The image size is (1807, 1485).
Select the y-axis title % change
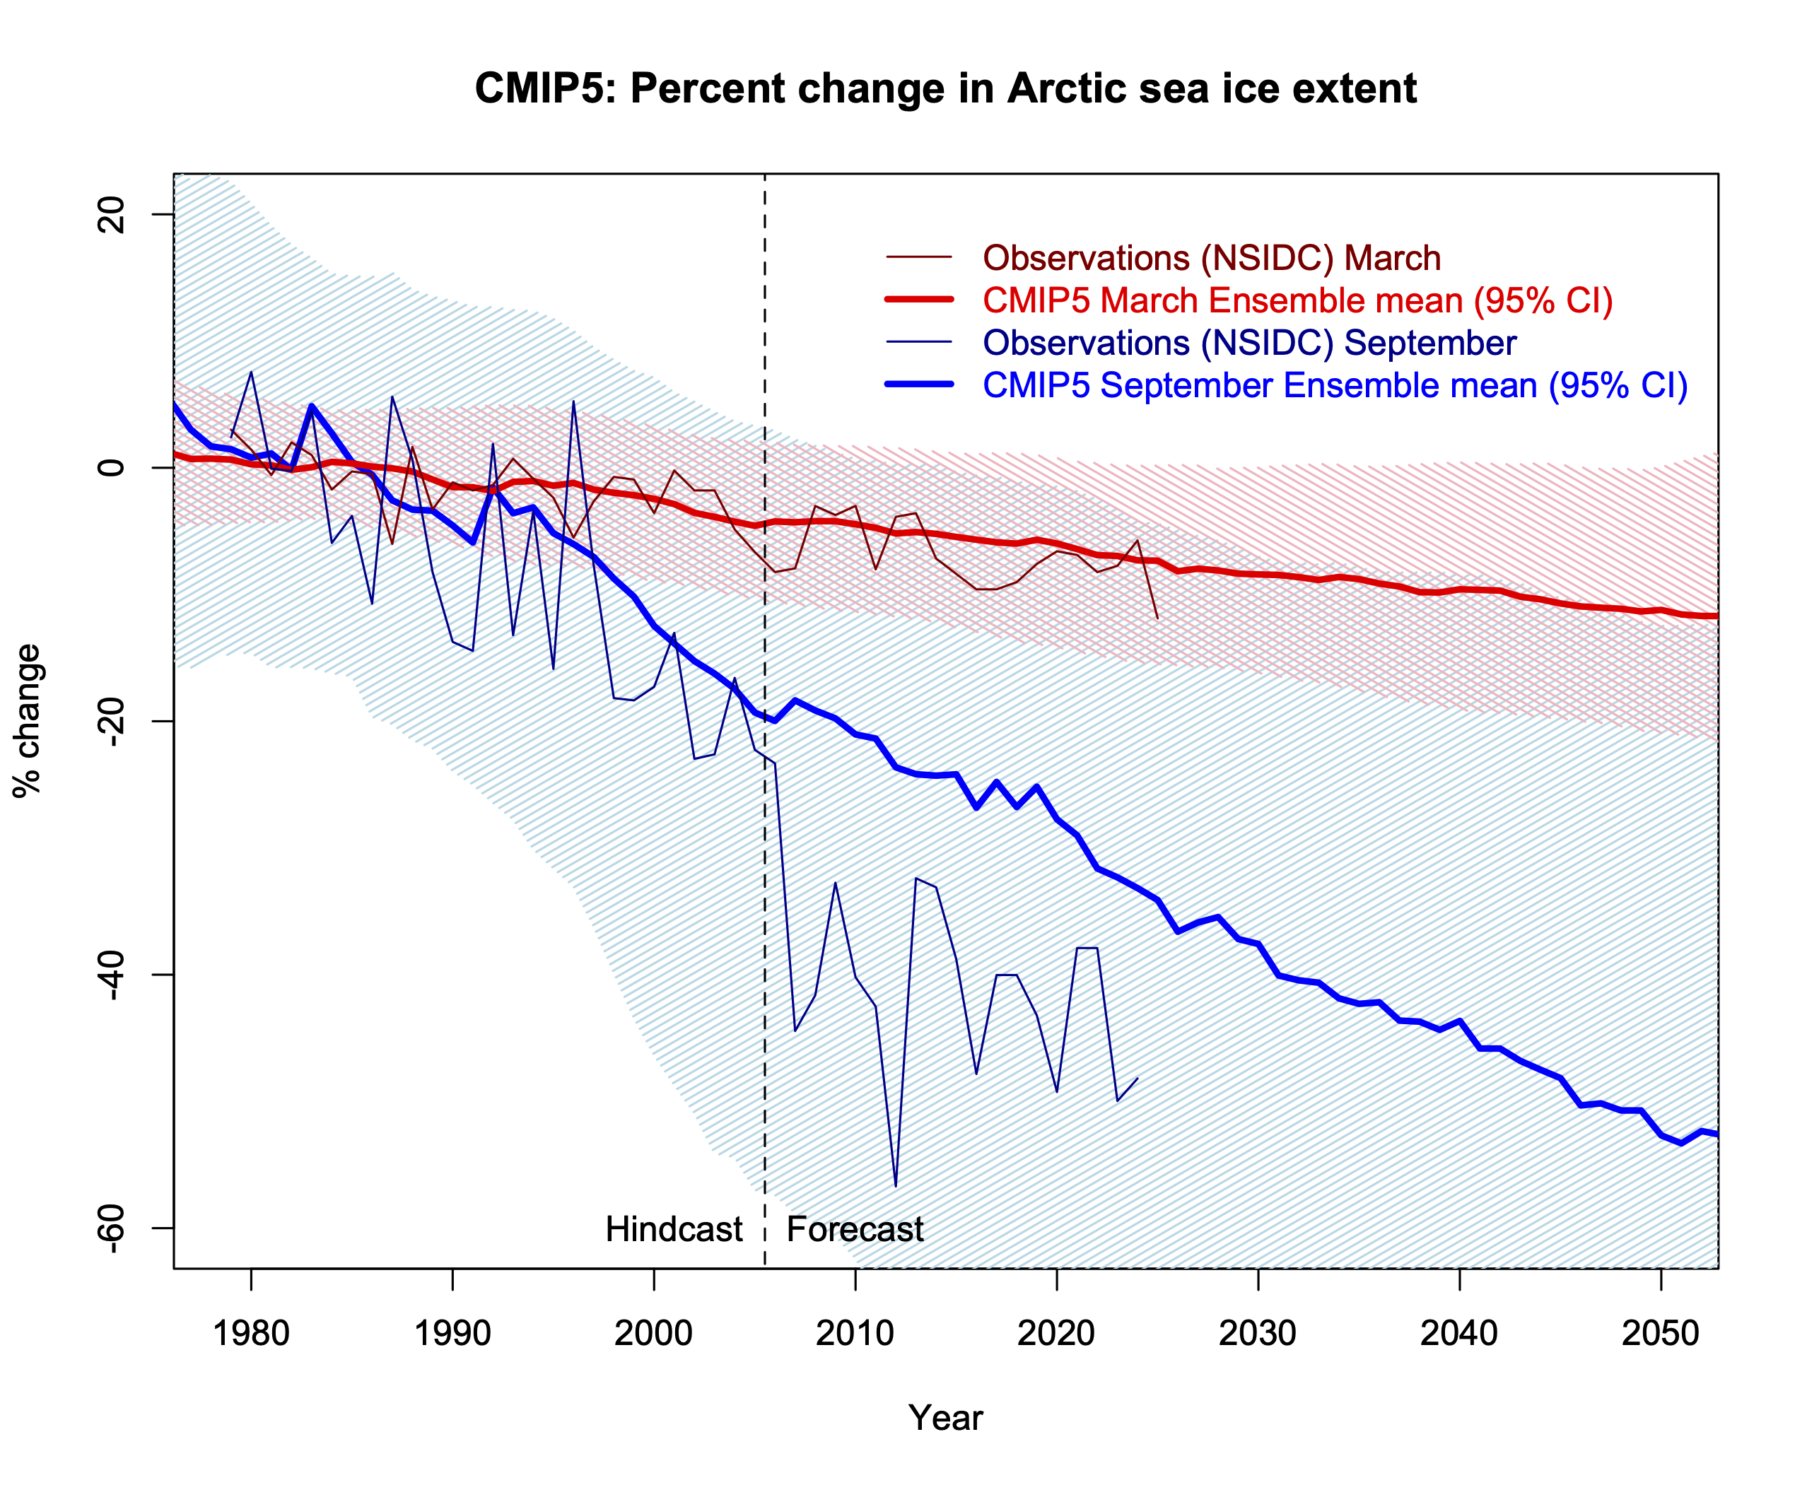(28, 721)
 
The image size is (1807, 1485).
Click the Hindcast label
(673, 1229)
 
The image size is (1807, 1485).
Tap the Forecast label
(855, 1229)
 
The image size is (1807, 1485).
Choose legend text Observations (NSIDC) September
(1249, 343)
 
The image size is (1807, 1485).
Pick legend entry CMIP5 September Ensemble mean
(1335, 386)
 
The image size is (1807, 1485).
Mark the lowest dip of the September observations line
(896, 1185)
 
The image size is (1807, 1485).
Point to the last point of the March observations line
(1157, 618)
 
